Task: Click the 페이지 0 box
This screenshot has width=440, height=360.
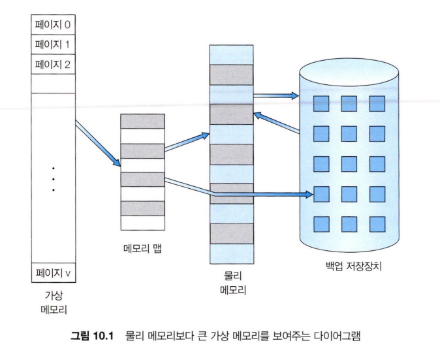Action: [54, 25]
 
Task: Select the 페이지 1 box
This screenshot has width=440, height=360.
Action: [54, 44]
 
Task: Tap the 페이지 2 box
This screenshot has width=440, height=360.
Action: [54, 64]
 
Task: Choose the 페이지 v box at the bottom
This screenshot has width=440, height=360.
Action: [54, 272]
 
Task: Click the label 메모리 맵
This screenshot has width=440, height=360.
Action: [142, 248]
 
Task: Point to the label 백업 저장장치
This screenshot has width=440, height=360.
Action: [354, 266]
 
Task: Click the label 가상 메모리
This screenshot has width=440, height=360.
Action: [54, 303]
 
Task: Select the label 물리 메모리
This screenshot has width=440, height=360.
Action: [233, 283]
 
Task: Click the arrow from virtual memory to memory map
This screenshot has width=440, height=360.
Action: [98, 143]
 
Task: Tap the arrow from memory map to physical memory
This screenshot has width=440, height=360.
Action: [187, 142]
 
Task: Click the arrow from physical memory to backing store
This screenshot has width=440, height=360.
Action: [276, 96]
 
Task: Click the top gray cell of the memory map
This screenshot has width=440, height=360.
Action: [142, 122]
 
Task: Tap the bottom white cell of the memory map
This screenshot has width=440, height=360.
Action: [142, 223]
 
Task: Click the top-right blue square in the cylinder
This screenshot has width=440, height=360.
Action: [377, 104]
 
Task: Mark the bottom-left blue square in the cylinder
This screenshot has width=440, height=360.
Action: [321, 224]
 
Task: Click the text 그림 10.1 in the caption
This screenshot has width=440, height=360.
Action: [92, 336]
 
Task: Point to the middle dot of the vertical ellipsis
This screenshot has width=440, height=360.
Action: [54, 180]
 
